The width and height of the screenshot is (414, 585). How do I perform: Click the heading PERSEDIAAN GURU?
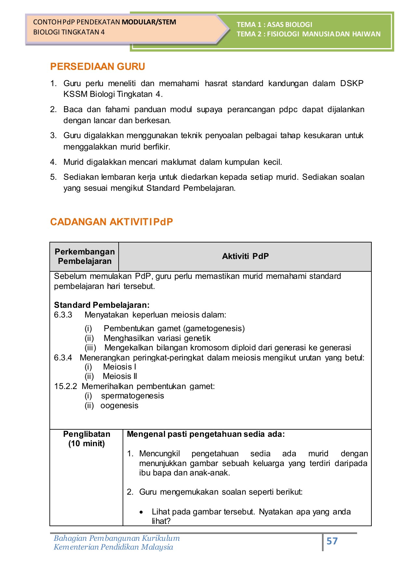[98, 67]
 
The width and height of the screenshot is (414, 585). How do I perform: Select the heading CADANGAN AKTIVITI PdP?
[111, 222]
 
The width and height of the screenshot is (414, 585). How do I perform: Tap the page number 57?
[332, 541]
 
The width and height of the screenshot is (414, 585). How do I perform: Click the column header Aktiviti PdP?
[245, 256]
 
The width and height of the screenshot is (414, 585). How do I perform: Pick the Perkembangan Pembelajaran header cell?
[85, 256]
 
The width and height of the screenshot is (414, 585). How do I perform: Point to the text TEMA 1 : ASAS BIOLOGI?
[274, 25]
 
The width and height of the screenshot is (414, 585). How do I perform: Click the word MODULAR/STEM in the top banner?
[149, 22]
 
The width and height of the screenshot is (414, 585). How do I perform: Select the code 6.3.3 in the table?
[63, 315]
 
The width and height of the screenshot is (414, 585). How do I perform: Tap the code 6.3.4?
[63, 358]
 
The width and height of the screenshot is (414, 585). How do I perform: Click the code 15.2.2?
[65, 386]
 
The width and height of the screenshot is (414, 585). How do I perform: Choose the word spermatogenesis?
[132, 396]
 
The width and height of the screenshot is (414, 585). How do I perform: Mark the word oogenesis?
[119, 406]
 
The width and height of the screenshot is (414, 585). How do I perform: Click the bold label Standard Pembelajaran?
[101, 305]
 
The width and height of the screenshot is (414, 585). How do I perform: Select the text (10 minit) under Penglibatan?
[87, 444]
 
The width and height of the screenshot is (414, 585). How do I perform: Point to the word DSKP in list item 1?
[352, 84]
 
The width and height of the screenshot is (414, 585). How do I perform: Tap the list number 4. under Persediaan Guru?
[54, 162]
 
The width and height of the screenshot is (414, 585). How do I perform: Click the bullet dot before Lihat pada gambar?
[141, 512]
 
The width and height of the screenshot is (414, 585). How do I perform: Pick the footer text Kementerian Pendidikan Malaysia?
[113, 547]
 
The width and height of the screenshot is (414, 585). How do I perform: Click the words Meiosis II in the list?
[120, 376]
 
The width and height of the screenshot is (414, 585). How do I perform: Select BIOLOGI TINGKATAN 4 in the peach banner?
[69, 32]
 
